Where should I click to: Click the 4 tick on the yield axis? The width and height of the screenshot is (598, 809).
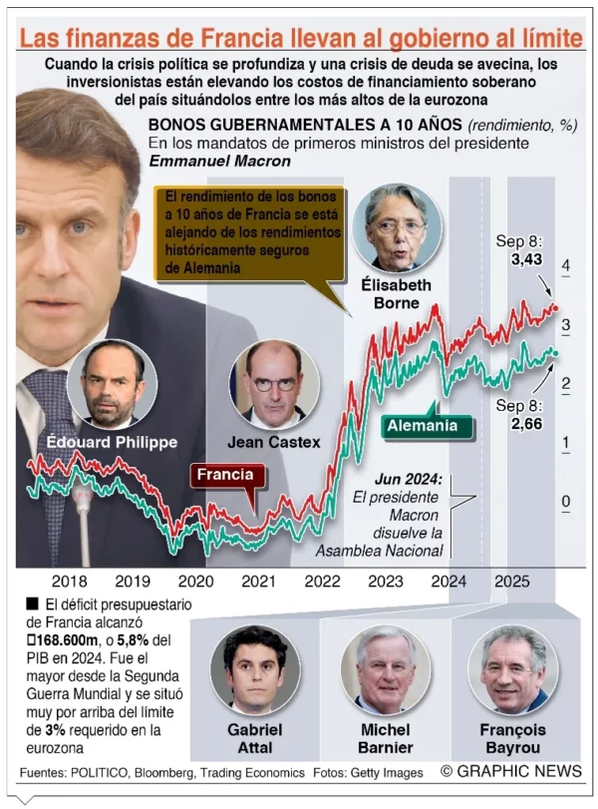tap(566, 265)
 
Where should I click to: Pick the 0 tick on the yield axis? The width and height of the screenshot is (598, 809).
tap(566, 501)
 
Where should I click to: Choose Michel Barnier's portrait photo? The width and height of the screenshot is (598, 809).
tap(385, 666)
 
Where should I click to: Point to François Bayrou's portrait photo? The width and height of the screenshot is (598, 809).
tap(514, 666)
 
